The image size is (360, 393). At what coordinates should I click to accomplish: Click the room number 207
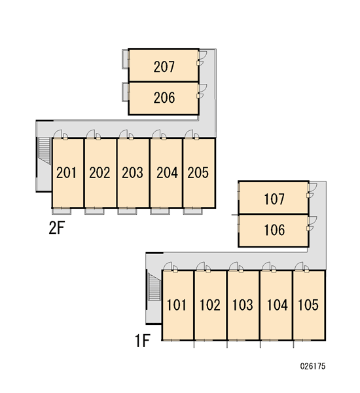click(164, 67)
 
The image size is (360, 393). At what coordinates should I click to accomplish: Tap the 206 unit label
click(164, 98)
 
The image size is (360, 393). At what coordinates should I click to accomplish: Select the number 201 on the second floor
click(66, 173)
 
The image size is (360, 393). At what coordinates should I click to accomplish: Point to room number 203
click(132, 173)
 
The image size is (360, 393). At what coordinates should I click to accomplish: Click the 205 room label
click(198, 173)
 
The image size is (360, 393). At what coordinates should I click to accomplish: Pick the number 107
click(274, 199)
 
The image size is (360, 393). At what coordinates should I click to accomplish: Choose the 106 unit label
click(274, 230)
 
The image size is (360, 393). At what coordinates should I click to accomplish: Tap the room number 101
click(177, 305)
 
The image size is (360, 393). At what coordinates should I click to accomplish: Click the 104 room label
click(278, 305)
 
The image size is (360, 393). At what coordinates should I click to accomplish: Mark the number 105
click(308, 305)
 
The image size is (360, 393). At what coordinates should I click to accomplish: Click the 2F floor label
click(56, 228)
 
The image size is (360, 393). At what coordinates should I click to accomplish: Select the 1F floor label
click(142, 341)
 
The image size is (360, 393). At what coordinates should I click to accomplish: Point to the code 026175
click(313, 366)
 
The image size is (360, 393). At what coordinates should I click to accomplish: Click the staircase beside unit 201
click(45, 151)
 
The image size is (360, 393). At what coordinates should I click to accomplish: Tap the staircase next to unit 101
click(154, 286)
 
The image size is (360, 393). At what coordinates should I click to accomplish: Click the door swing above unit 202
click(91, 134)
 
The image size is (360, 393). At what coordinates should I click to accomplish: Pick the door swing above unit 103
click(234, 266)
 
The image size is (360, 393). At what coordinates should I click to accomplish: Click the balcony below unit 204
click(160, 211)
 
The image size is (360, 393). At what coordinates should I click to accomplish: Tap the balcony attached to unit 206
click(125, 92)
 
